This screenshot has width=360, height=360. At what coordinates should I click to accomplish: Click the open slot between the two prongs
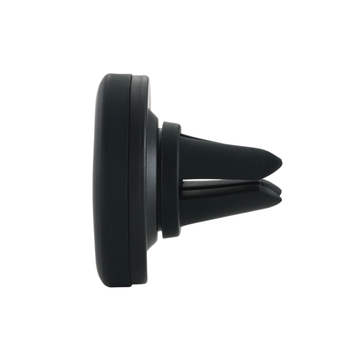point(231,179)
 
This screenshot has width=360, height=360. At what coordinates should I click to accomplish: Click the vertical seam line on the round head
point(133,180)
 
